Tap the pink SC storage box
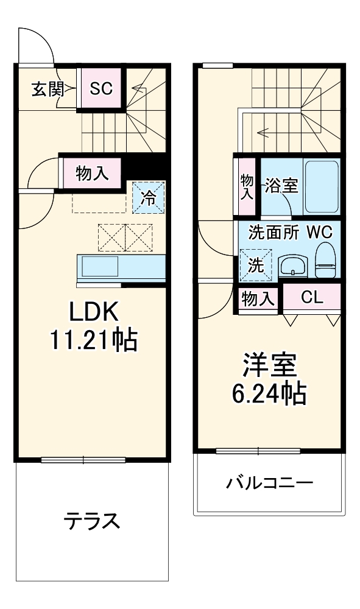click(101, 89)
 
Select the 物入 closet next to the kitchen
click(93, 174)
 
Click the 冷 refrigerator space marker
click(148, 197)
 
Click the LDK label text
click(93, 312)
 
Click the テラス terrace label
click(91, 521)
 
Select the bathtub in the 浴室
click(321, 186)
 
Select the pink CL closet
click(311, 298)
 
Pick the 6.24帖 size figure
click(269, 395)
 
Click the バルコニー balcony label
click(269, 485)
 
